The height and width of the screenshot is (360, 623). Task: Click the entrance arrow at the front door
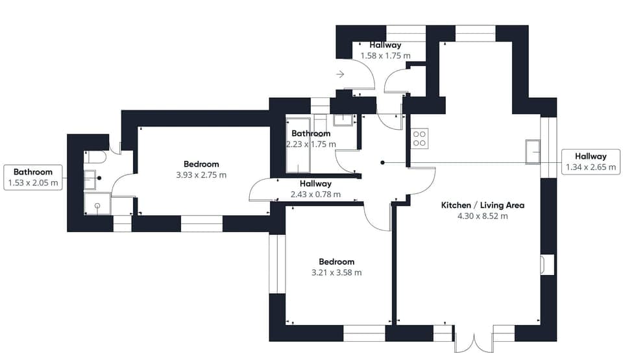tap(340, 75)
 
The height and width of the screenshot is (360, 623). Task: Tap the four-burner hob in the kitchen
tap(419, 138)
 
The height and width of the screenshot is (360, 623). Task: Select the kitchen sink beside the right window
tap(533, 151)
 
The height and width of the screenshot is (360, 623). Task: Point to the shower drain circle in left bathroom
tap(97, 206)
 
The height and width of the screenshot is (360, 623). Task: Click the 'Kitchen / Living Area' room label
tap(482, 205)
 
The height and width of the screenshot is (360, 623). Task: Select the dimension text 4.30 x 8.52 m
tap(482, 216)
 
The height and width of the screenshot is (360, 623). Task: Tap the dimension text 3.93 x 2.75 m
tap(201, 175)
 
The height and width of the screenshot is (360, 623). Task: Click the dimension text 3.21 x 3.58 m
tap(337, 272)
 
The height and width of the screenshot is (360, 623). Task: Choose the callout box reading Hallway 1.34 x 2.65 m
tap(590, 162)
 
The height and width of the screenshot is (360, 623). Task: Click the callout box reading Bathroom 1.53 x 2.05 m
tap(33, 177)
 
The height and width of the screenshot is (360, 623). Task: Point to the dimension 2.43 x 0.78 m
tap(315, 194)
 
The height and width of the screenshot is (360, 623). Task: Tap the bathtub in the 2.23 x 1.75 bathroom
tap(299, 145)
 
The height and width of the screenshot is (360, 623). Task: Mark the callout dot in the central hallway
tap(383, 162)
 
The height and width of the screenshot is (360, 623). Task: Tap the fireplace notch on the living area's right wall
tap(547, 265)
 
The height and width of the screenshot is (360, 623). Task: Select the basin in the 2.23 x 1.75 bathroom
tap(343, 120)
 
